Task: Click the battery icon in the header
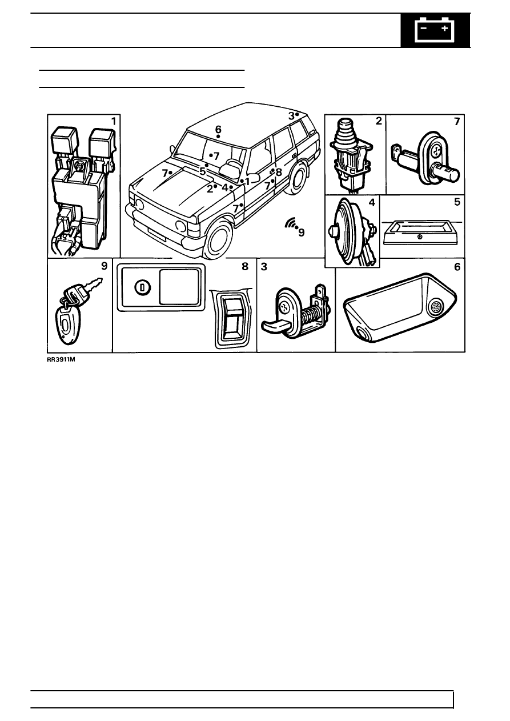(436, 30)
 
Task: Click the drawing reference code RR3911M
(61, 360)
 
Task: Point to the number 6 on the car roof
(218, 130)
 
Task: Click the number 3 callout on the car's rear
(291, 115)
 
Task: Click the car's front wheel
(218, 241)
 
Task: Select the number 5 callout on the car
(202, 171)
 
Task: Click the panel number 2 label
(378, 121)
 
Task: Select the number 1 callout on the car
(247, 181)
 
